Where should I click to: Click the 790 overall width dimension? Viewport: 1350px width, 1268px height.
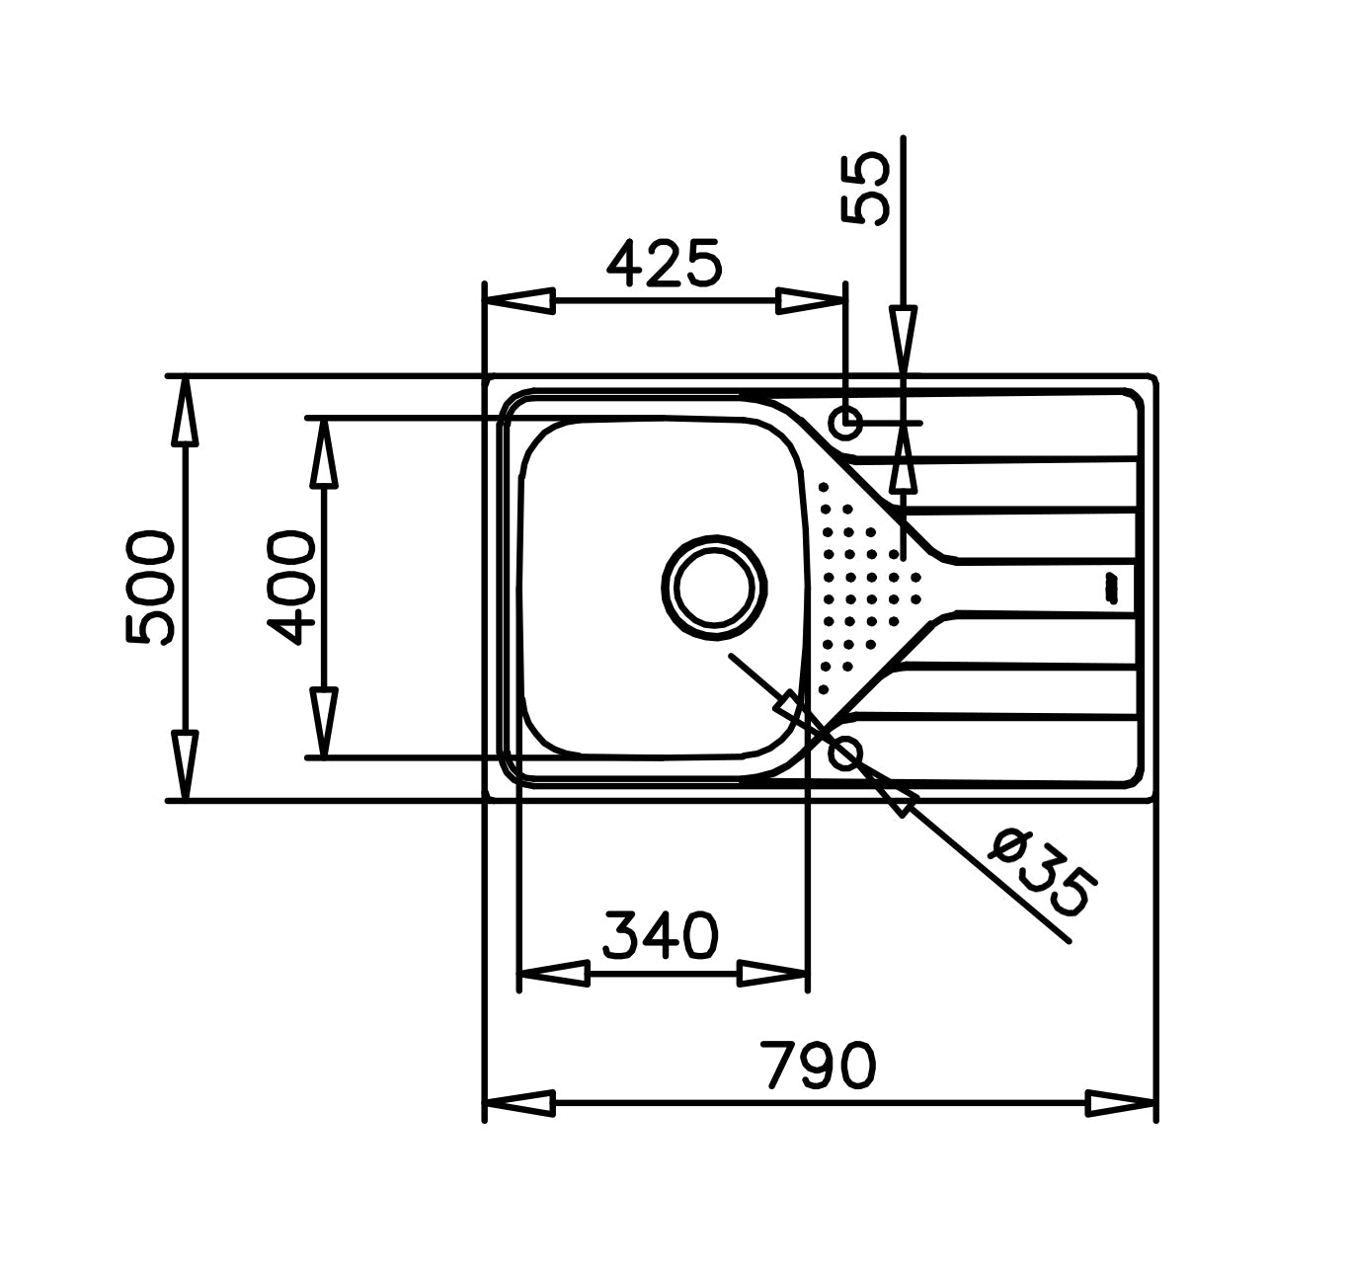pos(820,1066)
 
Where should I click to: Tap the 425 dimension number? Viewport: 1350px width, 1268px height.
pos(665,264)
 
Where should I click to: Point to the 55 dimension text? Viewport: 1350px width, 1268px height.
pos(866,189)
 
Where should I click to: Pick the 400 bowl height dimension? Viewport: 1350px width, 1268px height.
pos(292,588)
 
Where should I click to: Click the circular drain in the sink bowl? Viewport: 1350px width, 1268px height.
pos(714,588)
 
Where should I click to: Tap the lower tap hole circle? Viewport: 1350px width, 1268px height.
pos(845,753)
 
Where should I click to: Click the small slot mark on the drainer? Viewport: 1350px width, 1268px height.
pos(1110,588)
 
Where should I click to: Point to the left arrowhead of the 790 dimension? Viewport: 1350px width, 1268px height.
pos(519,1103)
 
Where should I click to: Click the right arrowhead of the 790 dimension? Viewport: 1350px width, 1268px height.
pos(1120,1103)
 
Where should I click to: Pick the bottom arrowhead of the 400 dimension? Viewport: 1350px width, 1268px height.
pos(323,722)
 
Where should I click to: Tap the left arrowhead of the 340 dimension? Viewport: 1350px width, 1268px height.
pos(553,974)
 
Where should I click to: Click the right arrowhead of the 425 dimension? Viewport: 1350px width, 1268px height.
pos(811,301)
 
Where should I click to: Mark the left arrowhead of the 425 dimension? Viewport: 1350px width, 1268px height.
pos(519,301)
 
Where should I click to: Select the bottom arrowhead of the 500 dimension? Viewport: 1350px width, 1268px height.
pos(185,764)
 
